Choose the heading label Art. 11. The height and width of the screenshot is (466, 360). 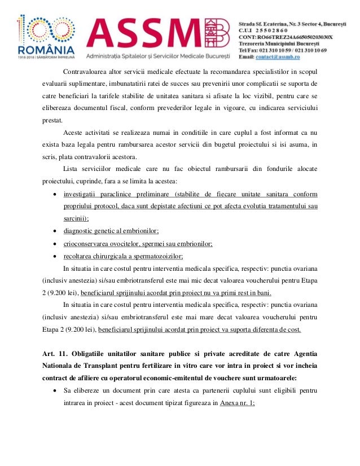pyautogui.click(x=55, y=354)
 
